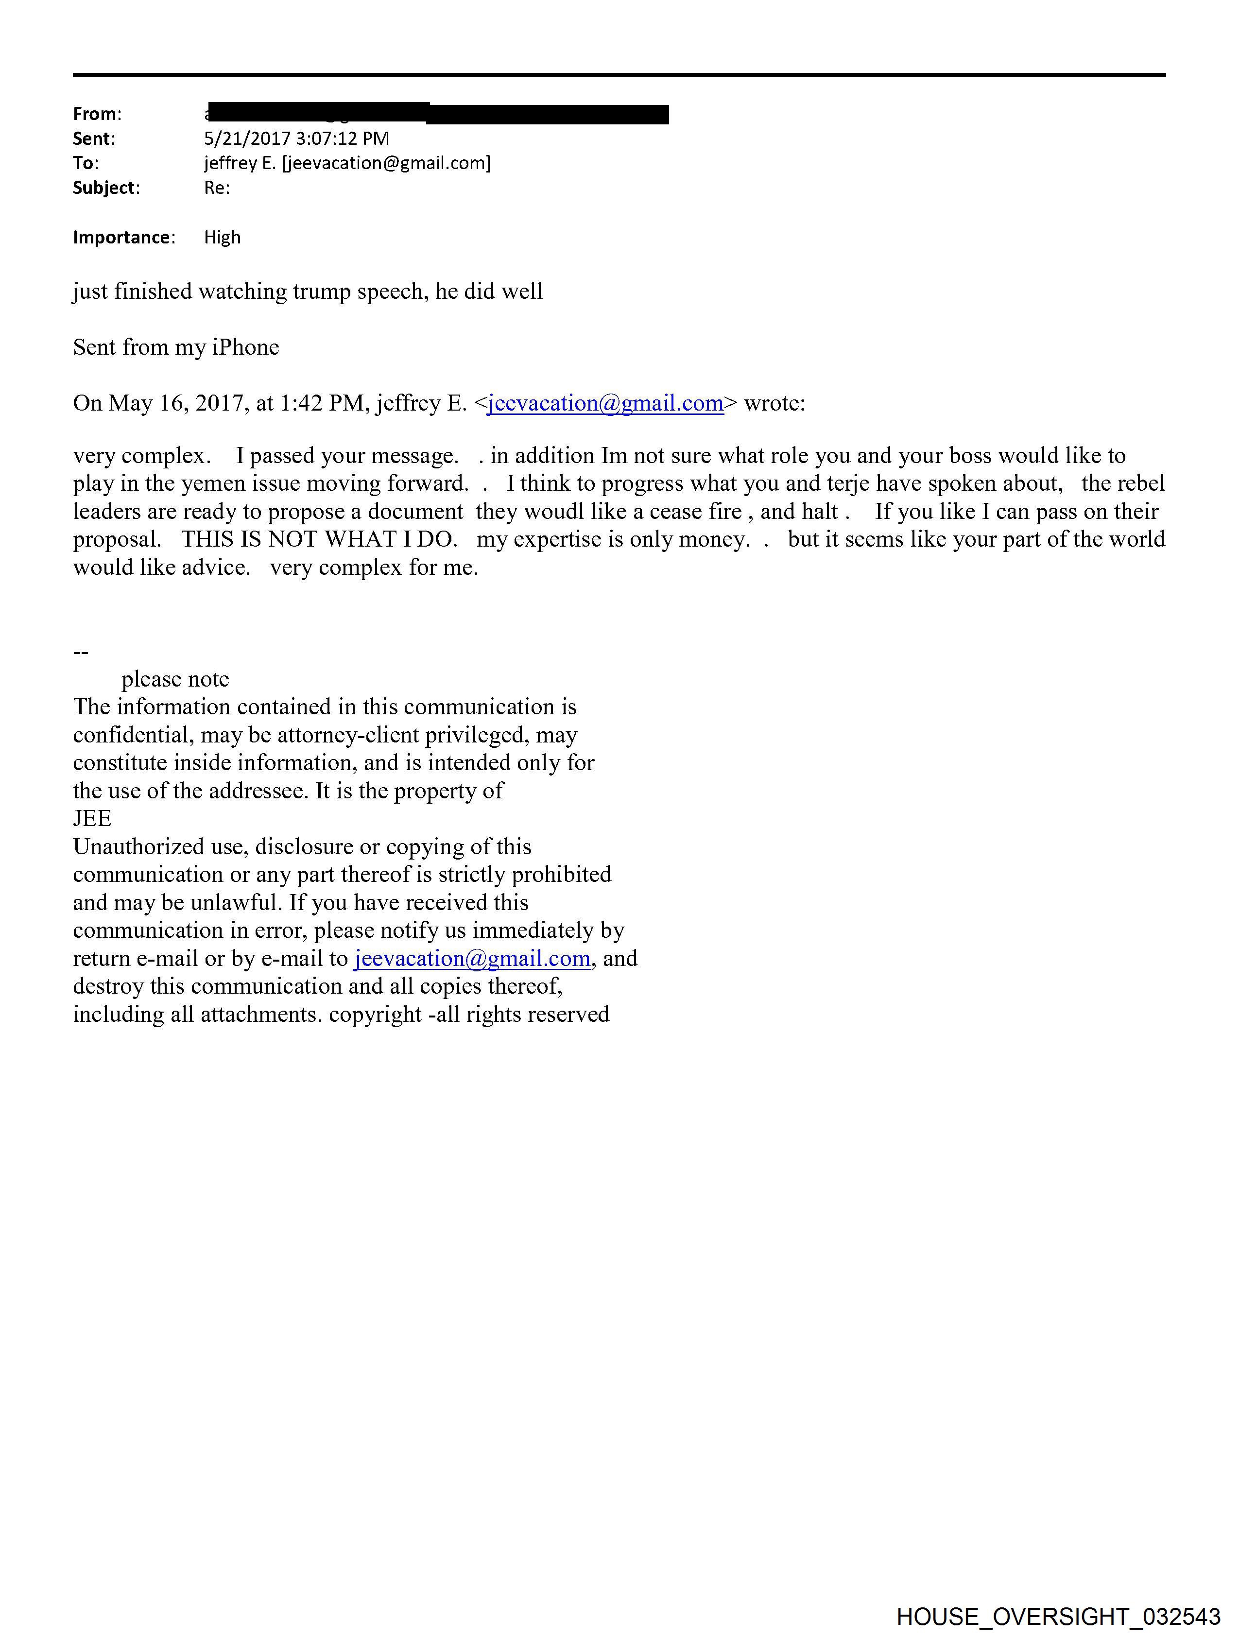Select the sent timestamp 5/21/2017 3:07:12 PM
pyautogui.click(x=296, y=138)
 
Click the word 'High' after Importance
pyautogui.click(x=222, y=238)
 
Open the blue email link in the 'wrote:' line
pyautogui.click(x=605, y=403)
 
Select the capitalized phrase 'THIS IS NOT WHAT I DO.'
pyautogui.click(x=319, y=539)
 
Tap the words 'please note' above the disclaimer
pyautogui.click(x=175, y=679)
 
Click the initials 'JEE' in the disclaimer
pyautogui.click(x=92, y=818)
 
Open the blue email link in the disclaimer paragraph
pyautogui.click(x=472, y=958)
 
